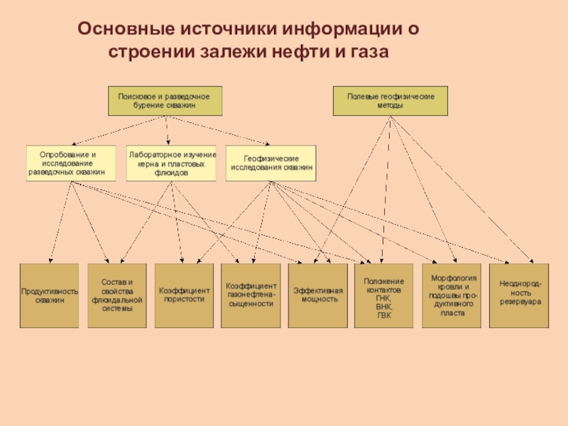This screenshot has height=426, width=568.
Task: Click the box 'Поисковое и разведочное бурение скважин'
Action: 165,101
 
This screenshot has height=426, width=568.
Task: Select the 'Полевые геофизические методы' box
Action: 390,101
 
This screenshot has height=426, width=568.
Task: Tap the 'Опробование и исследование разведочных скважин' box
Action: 71,163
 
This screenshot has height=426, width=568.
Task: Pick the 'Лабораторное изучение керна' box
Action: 171,163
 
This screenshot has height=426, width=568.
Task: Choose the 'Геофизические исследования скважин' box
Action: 271,163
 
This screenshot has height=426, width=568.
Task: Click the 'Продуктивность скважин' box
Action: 49,295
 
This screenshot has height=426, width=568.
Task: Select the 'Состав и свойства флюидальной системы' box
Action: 117,295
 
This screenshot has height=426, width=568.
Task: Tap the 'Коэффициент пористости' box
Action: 184,295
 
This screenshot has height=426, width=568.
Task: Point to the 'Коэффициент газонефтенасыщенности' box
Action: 251,295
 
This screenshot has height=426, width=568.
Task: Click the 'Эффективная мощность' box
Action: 317,295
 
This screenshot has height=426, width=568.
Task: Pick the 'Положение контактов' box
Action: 383,295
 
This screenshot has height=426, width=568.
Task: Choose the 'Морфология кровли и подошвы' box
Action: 452,295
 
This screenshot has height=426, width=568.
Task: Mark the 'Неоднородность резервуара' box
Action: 519,295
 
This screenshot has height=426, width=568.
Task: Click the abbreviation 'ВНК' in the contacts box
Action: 384,307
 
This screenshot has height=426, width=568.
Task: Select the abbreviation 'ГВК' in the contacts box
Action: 384,315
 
